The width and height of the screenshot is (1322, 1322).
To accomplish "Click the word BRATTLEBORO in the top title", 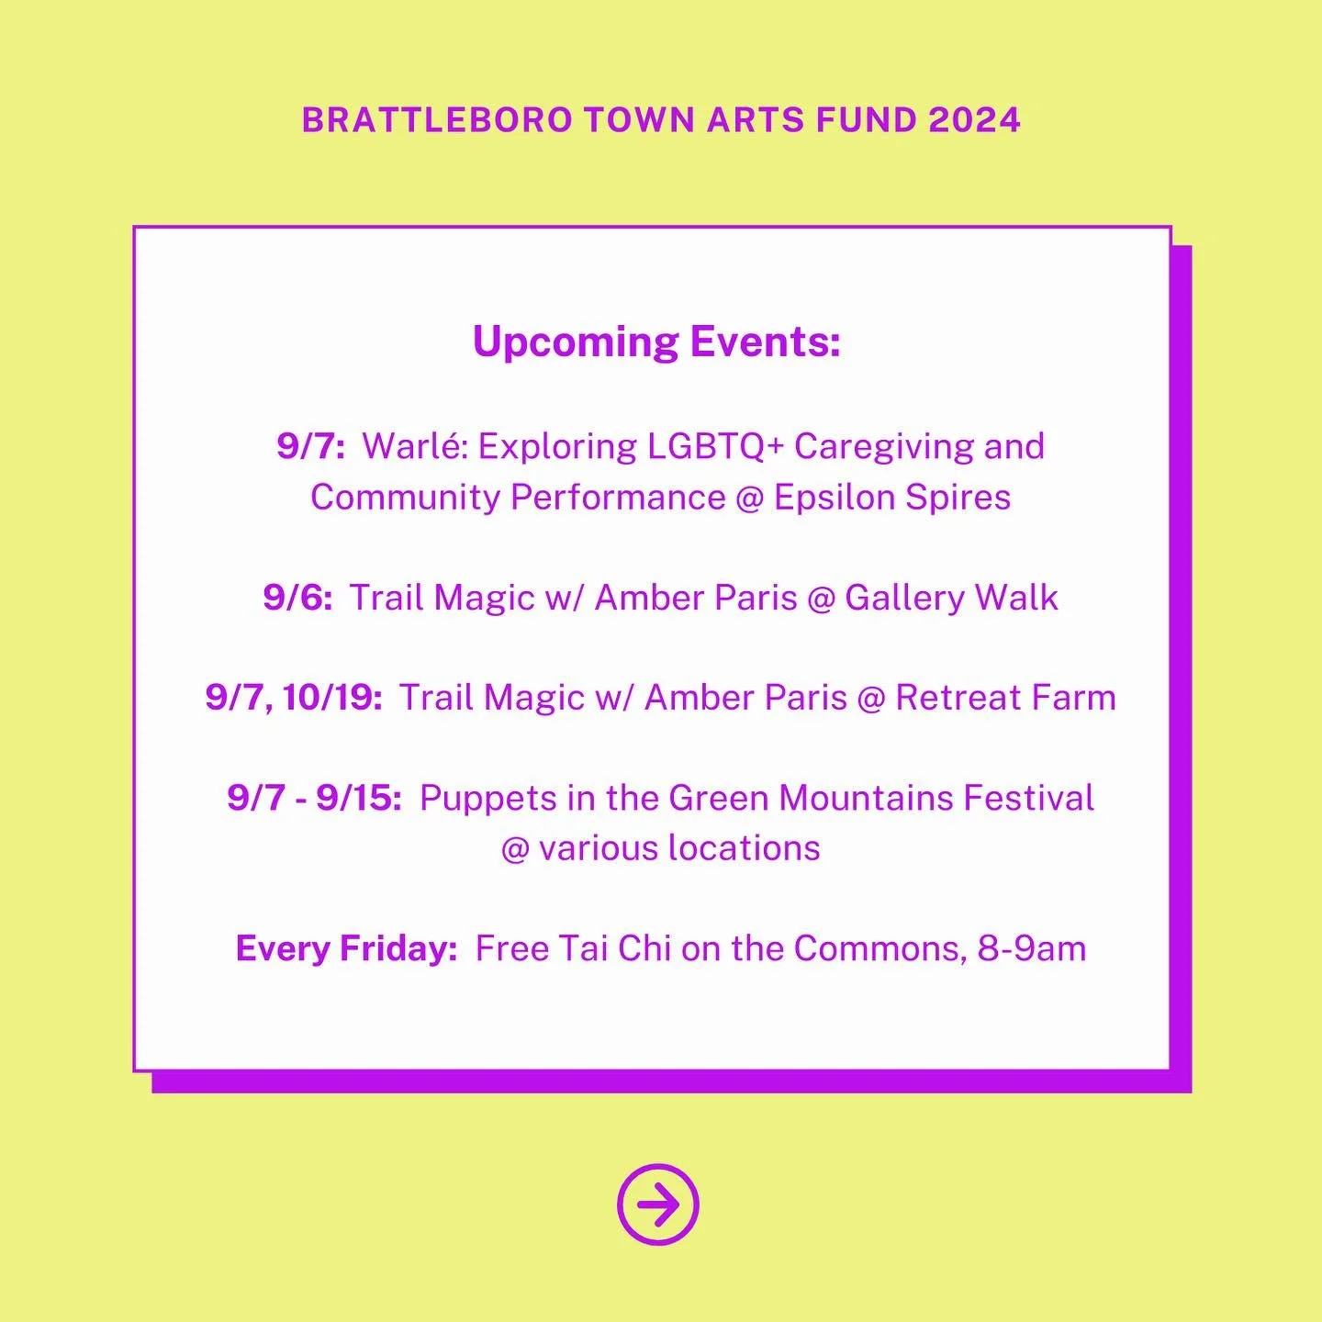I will (x=437, y=120).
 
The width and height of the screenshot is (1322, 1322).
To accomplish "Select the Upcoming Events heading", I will (x=656, y=342).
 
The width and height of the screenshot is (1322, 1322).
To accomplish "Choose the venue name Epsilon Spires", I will (x=891, y=498).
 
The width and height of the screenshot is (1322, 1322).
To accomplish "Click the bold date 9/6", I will (x=297, y=598).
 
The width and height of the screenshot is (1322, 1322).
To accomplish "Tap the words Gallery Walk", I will (x=951, y=598).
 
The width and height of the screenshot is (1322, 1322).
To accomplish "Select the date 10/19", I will (x=331, y=698).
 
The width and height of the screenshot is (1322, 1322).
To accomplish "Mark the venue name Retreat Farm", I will (x=1005, y=698).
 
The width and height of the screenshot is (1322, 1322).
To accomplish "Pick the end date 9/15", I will (x=358, y=798).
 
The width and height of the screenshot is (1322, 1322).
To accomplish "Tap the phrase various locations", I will (x=679, y=848).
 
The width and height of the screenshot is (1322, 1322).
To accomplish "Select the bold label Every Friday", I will (x=346, y=948).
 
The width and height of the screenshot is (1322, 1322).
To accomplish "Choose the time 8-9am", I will (x=1031, y=948).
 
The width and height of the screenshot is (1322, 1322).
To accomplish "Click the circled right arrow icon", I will (x=657, y=1204).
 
